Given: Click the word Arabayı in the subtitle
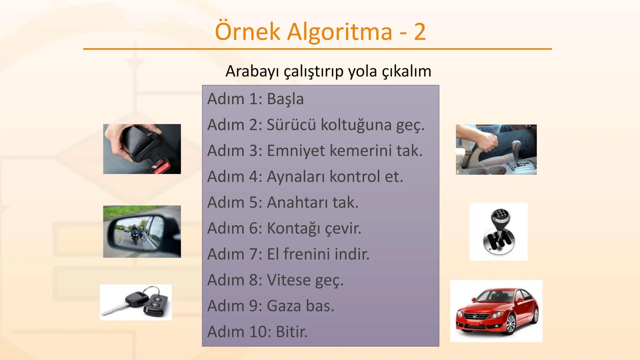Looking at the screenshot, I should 252,71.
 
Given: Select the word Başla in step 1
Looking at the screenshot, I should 285,99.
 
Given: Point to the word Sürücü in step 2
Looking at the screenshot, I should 291,125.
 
